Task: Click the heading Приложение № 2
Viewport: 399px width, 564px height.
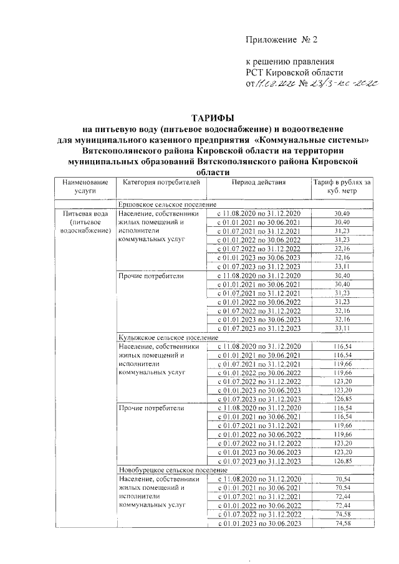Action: click(282, 39)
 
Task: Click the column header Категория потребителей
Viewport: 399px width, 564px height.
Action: click(160, 183)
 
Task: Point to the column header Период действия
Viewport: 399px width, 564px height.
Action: click(258, 183)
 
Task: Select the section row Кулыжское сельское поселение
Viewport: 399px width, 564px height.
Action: click(168, 337)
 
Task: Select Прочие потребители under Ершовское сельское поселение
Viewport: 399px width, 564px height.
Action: click(151, 275)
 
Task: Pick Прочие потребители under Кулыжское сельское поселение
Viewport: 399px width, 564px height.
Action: click(151, 408)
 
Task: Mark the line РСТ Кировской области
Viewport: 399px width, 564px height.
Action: click(294, 73)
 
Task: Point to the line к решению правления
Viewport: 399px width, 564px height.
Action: click(291, 62)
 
